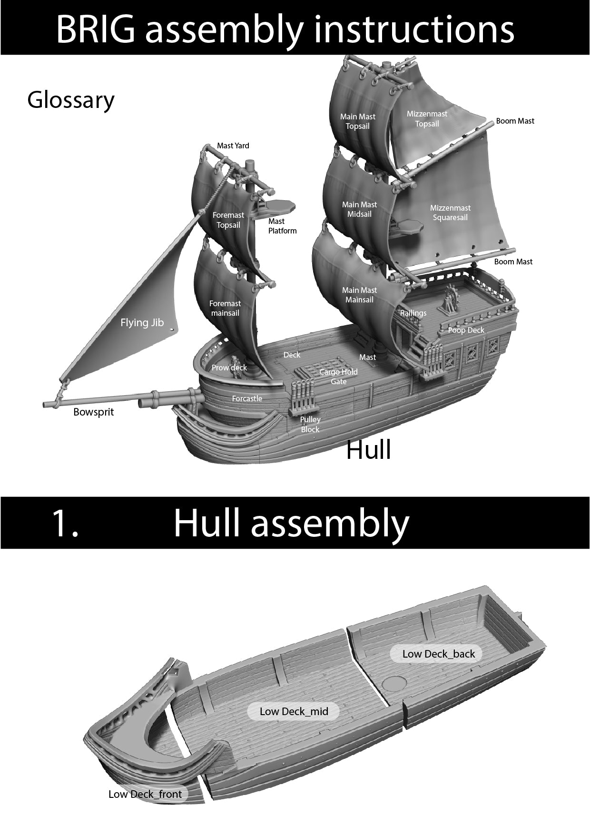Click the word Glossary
tap(71, 100)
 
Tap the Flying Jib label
tap(142, 323)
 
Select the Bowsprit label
tap(93, 412)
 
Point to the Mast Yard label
tap(233, 145)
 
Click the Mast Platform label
tap(282, 226)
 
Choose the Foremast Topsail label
tap(228, 220)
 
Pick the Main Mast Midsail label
tap(359, 209)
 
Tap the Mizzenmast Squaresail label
tap(450, 213)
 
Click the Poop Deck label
tap(466, 330)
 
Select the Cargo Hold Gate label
tap(338, 377)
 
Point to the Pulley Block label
tap(310, 424)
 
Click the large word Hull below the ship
tap(368, 449)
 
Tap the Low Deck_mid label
tap(294, 711)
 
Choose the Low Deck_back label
tap(438, 654)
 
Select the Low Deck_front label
tap(145, 794)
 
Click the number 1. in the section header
tap(65, 523)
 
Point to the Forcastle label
tap(247, 398)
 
